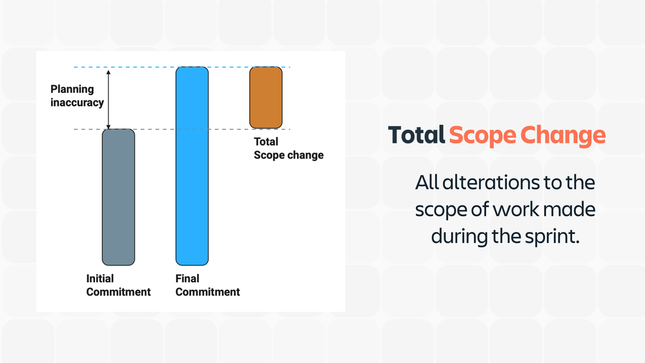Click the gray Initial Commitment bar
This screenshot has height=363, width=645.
(118, 197)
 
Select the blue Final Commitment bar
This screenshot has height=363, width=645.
(192, 166)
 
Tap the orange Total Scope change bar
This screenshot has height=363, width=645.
(266, 98)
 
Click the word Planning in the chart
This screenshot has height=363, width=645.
(72, 89)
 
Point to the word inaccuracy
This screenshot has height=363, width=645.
(77, 103)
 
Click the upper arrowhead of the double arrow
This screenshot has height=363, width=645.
(108, 72)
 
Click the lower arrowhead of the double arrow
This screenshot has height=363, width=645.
(108, 127)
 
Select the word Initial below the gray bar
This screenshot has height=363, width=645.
(100, 278)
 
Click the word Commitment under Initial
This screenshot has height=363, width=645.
(118, 292)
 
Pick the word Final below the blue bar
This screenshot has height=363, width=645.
(187, 278)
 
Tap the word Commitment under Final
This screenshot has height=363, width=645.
(208, 292)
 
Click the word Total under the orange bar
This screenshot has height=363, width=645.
(266, 141)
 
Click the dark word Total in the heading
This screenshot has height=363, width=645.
(416, 135)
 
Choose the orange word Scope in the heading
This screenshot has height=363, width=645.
(483, 136)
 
